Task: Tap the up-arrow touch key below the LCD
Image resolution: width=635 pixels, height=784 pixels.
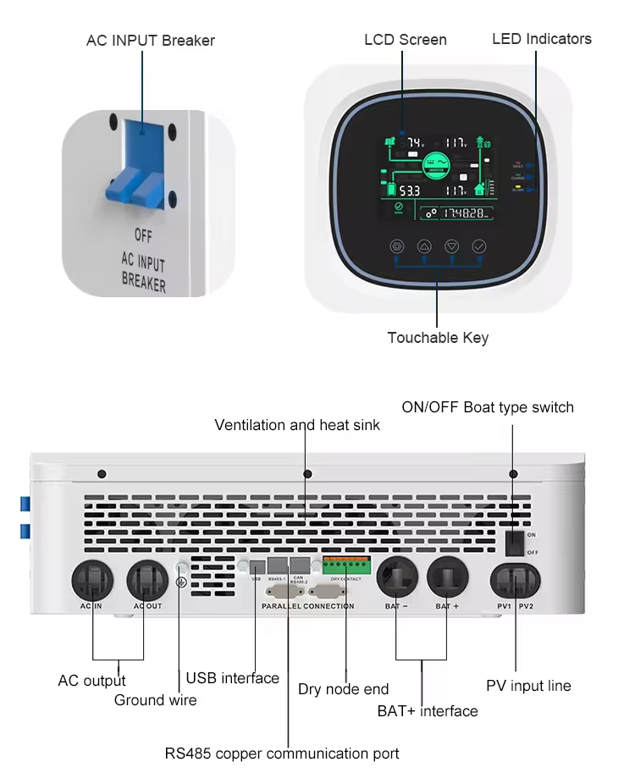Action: tap(424, 246)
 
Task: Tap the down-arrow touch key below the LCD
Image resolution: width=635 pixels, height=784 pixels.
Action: tap(451, 246)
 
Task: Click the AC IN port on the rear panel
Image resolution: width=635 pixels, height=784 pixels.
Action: tap(92, 581)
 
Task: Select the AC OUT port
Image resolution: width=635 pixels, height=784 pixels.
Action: tap(147, 581)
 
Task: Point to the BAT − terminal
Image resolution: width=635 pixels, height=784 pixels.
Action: tap(397, 580)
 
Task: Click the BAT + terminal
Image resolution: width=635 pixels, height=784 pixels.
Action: tap(448, 580)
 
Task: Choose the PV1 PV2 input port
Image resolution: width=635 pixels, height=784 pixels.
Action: tap(514, 582)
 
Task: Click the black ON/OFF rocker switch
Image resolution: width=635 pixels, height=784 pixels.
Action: tap(513, 542)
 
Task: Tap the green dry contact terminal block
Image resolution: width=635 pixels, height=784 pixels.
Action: tap(345, 565)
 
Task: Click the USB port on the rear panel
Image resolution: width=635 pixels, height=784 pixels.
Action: tap(256, 566)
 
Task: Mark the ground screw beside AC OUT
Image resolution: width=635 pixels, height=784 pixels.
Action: tap(180, 569)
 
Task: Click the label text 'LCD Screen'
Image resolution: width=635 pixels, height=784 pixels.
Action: tap(405, 40)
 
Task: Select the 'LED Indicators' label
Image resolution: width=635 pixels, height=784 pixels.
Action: tap(542, 39)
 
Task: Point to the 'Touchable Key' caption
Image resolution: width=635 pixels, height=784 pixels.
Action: tap(438, 338)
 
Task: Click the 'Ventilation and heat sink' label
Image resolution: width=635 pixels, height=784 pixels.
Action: tap(297, 425)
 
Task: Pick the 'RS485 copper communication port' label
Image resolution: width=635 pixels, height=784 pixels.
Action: tap(281, 753)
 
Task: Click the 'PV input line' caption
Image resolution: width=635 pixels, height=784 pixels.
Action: tap(528, 686)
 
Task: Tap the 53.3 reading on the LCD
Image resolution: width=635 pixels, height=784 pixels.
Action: tap(409, 190)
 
